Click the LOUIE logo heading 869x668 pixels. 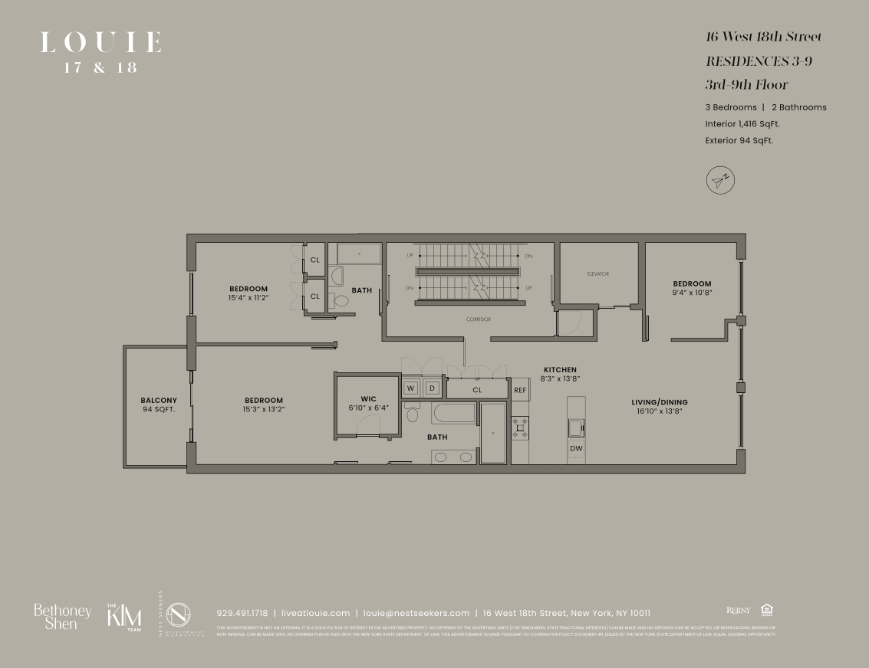click(100, 43)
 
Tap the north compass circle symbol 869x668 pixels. click(719, 180)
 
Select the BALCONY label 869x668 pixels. click(159, 400)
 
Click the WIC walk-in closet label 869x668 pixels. click(369, 398)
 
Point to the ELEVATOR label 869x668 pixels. click(597, 273)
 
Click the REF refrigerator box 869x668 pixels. click(520, 389)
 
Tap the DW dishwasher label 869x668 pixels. click(575, 448)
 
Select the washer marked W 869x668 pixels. click(410, 388)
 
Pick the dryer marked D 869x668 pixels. click(432, 388)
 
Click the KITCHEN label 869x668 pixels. click(560, 369)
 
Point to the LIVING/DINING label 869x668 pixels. click(660, 402)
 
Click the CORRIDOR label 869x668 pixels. click(477, 319)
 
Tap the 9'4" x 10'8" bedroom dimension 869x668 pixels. click(692, 293)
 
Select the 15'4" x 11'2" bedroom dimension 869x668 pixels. click(248, 297)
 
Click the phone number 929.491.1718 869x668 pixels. click(242, 613)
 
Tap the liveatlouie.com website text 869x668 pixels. click(315, 613)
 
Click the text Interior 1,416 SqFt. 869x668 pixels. click(743, 123)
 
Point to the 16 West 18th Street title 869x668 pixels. click(763, 37)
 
